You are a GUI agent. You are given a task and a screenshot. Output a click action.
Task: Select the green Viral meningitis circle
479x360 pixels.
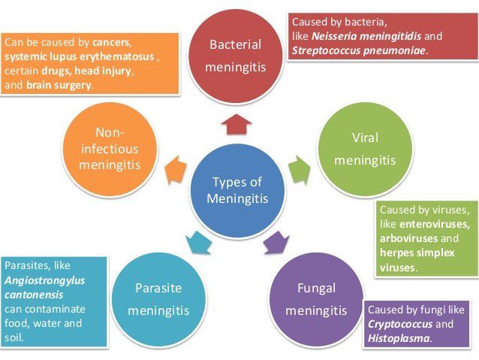pos(365,149)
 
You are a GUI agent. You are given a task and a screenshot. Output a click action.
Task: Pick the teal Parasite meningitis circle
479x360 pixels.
pos(158,298)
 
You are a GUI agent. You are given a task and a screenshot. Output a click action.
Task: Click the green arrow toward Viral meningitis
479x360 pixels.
pos(299,168)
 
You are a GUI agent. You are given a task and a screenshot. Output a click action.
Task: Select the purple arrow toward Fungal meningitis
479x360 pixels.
pos(275,241)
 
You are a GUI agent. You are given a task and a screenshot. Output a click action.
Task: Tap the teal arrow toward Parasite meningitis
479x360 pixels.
pos(197,241)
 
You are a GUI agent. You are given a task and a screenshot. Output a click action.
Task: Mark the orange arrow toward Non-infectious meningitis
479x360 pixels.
pos(175,168)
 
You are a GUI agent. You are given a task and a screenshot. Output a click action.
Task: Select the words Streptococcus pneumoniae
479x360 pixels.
pos(359,50)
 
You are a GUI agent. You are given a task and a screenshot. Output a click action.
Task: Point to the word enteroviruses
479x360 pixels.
pos(435,224)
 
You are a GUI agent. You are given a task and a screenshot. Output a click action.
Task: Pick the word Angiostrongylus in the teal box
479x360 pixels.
pos(44,280)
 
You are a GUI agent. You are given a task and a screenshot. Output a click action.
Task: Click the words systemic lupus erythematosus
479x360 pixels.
pos(80,56)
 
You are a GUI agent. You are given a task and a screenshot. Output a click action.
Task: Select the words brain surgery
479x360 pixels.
pos(59,85)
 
